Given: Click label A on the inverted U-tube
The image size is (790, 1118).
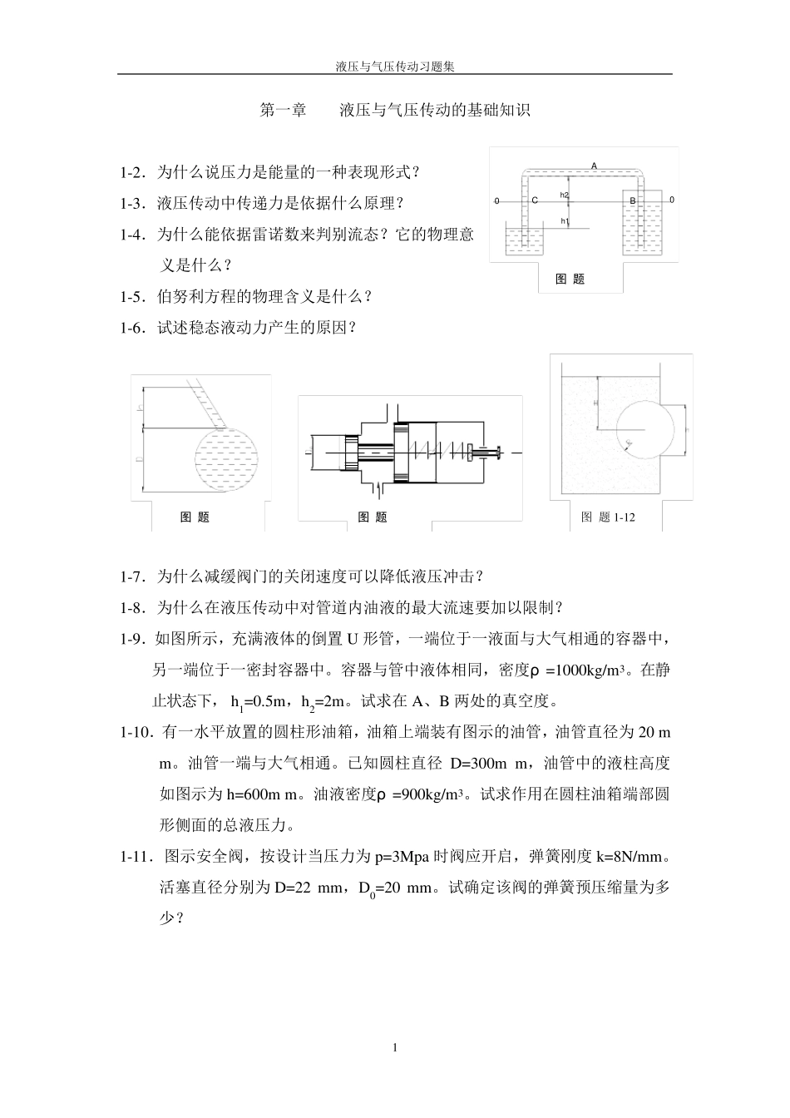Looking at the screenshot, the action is pos(594,166).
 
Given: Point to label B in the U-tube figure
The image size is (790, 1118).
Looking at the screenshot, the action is pos(632,201).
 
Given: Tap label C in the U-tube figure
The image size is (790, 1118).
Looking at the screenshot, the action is pos(535,200).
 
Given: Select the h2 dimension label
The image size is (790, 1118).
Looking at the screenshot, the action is pos(564,195).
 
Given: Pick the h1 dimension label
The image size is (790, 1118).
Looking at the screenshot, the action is pos(564,221).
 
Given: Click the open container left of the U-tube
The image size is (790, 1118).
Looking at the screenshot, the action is pos(524,238).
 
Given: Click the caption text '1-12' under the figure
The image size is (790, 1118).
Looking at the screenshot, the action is pos(624,517).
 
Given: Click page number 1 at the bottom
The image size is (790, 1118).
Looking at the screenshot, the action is pos(395,1047).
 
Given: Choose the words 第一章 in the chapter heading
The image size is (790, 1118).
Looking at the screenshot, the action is pos(284,110).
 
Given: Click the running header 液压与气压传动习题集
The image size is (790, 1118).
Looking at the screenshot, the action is pos(395,66).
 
